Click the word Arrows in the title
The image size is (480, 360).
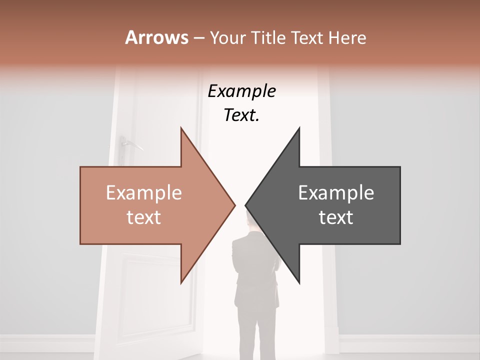[156, 37]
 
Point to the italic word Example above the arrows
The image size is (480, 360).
[241, 91]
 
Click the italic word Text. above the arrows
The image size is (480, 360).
[241, 115]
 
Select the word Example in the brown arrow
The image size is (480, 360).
[144, 193]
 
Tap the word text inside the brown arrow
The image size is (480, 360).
[144, 217]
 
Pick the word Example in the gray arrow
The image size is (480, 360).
[336, 193]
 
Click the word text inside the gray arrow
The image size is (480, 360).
[336, 217]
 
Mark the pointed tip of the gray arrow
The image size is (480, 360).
[246, 205]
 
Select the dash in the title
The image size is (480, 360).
[198, 38]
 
